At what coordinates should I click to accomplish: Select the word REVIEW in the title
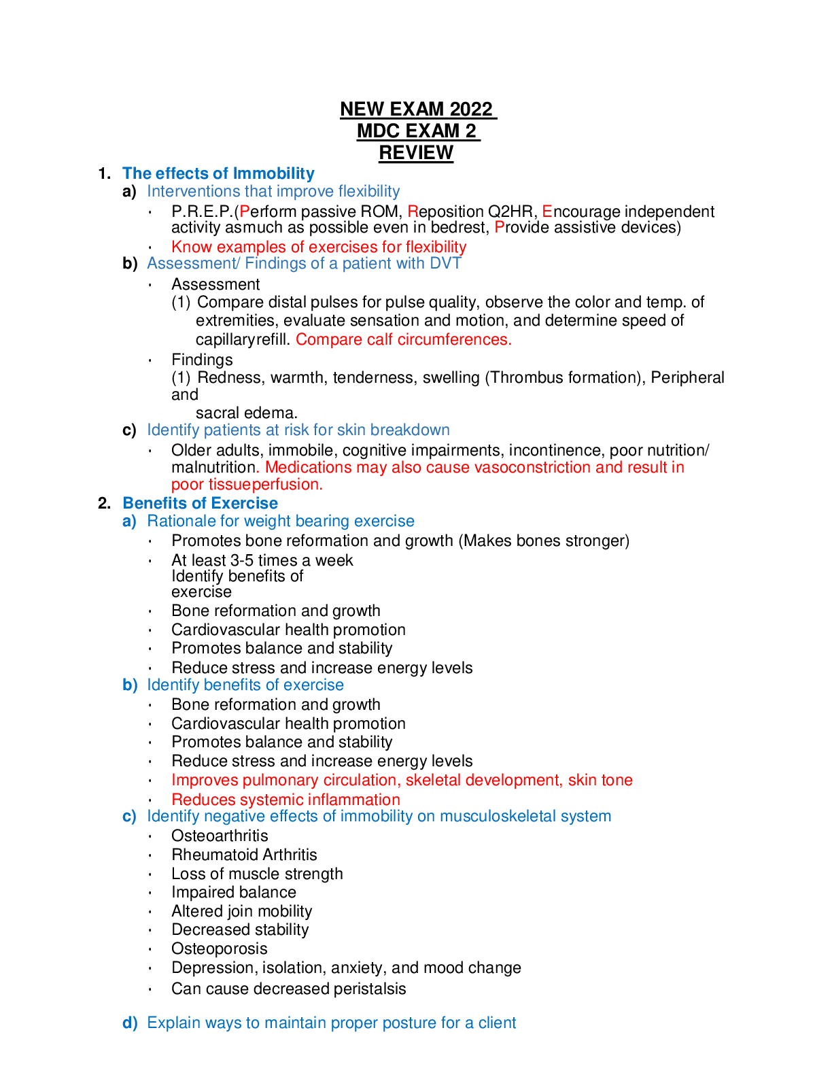416,152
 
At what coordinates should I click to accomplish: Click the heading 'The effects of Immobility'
218,173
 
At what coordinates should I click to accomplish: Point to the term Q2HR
510,211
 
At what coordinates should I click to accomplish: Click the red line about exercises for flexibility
319,247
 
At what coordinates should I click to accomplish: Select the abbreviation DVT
446,263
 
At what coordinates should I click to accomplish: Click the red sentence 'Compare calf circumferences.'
404,339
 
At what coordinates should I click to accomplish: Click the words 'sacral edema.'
246,413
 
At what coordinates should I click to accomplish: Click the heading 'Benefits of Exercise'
201,503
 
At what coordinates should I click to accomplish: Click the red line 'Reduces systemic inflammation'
285,800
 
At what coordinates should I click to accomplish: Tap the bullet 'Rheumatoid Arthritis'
244,855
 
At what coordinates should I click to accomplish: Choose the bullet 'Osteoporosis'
219,948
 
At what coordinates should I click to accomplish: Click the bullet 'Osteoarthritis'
220,836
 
